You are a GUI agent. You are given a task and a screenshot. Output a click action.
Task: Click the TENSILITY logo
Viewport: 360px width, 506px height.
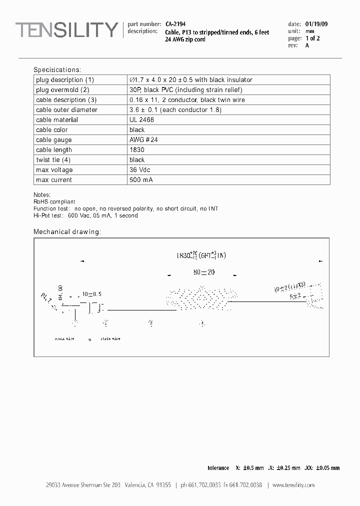pos(66,30)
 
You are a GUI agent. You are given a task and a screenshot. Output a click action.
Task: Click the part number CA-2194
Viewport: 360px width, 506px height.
pos(174,24)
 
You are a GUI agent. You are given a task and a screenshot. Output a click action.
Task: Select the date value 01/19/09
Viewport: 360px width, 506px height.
pos(316,24)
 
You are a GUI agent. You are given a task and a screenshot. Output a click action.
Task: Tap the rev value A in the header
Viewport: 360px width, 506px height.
pos(307,45)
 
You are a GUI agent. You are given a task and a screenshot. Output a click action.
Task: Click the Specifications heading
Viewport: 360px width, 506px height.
pos(57,70)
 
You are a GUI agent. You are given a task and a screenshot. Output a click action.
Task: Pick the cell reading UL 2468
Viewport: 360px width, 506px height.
pos(141,120)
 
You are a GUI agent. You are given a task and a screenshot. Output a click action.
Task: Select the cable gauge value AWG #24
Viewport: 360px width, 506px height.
pos(143,140)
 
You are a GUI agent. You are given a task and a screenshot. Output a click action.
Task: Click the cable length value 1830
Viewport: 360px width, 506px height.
pos(137,150)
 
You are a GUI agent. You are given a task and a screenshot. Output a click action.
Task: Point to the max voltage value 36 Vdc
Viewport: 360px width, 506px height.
pos(140,170)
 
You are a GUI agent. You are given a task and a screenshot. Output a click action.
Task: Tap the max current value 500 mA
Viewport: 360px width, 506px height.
pos(141,180)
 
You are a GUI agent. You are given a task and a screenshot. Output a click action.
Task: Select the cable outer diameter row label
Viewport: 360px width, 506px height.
pos(66,110)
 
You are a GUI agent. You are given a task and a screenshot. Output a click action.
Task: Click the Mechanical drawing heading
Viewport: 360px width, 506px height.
pos(67,232)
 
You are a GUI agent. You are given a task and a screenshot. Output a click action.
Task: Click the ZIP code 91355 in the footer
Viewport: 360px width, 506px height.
pos(163,485)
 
